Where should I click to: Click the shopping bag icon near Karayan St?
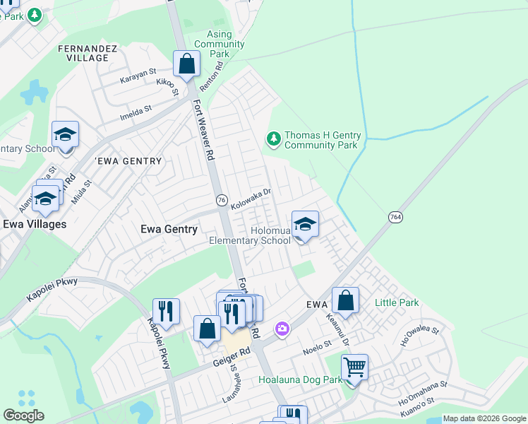coord(187,64)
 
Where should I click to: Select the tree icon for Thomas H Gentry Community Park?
coord(273,140)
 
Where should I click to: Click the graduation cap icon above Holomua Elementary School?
coord(305,225)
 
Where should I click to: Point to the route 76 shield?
coord(222,200)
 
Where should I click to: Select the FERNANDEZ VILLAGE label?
coord(83,53)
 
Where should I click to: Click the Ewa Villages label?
coord(35,224)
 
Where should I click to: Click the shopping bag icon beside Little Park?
coord(346,300)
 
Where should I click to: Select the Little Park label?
coord(397,302)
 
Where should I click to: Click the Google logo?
coord(23,416)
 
